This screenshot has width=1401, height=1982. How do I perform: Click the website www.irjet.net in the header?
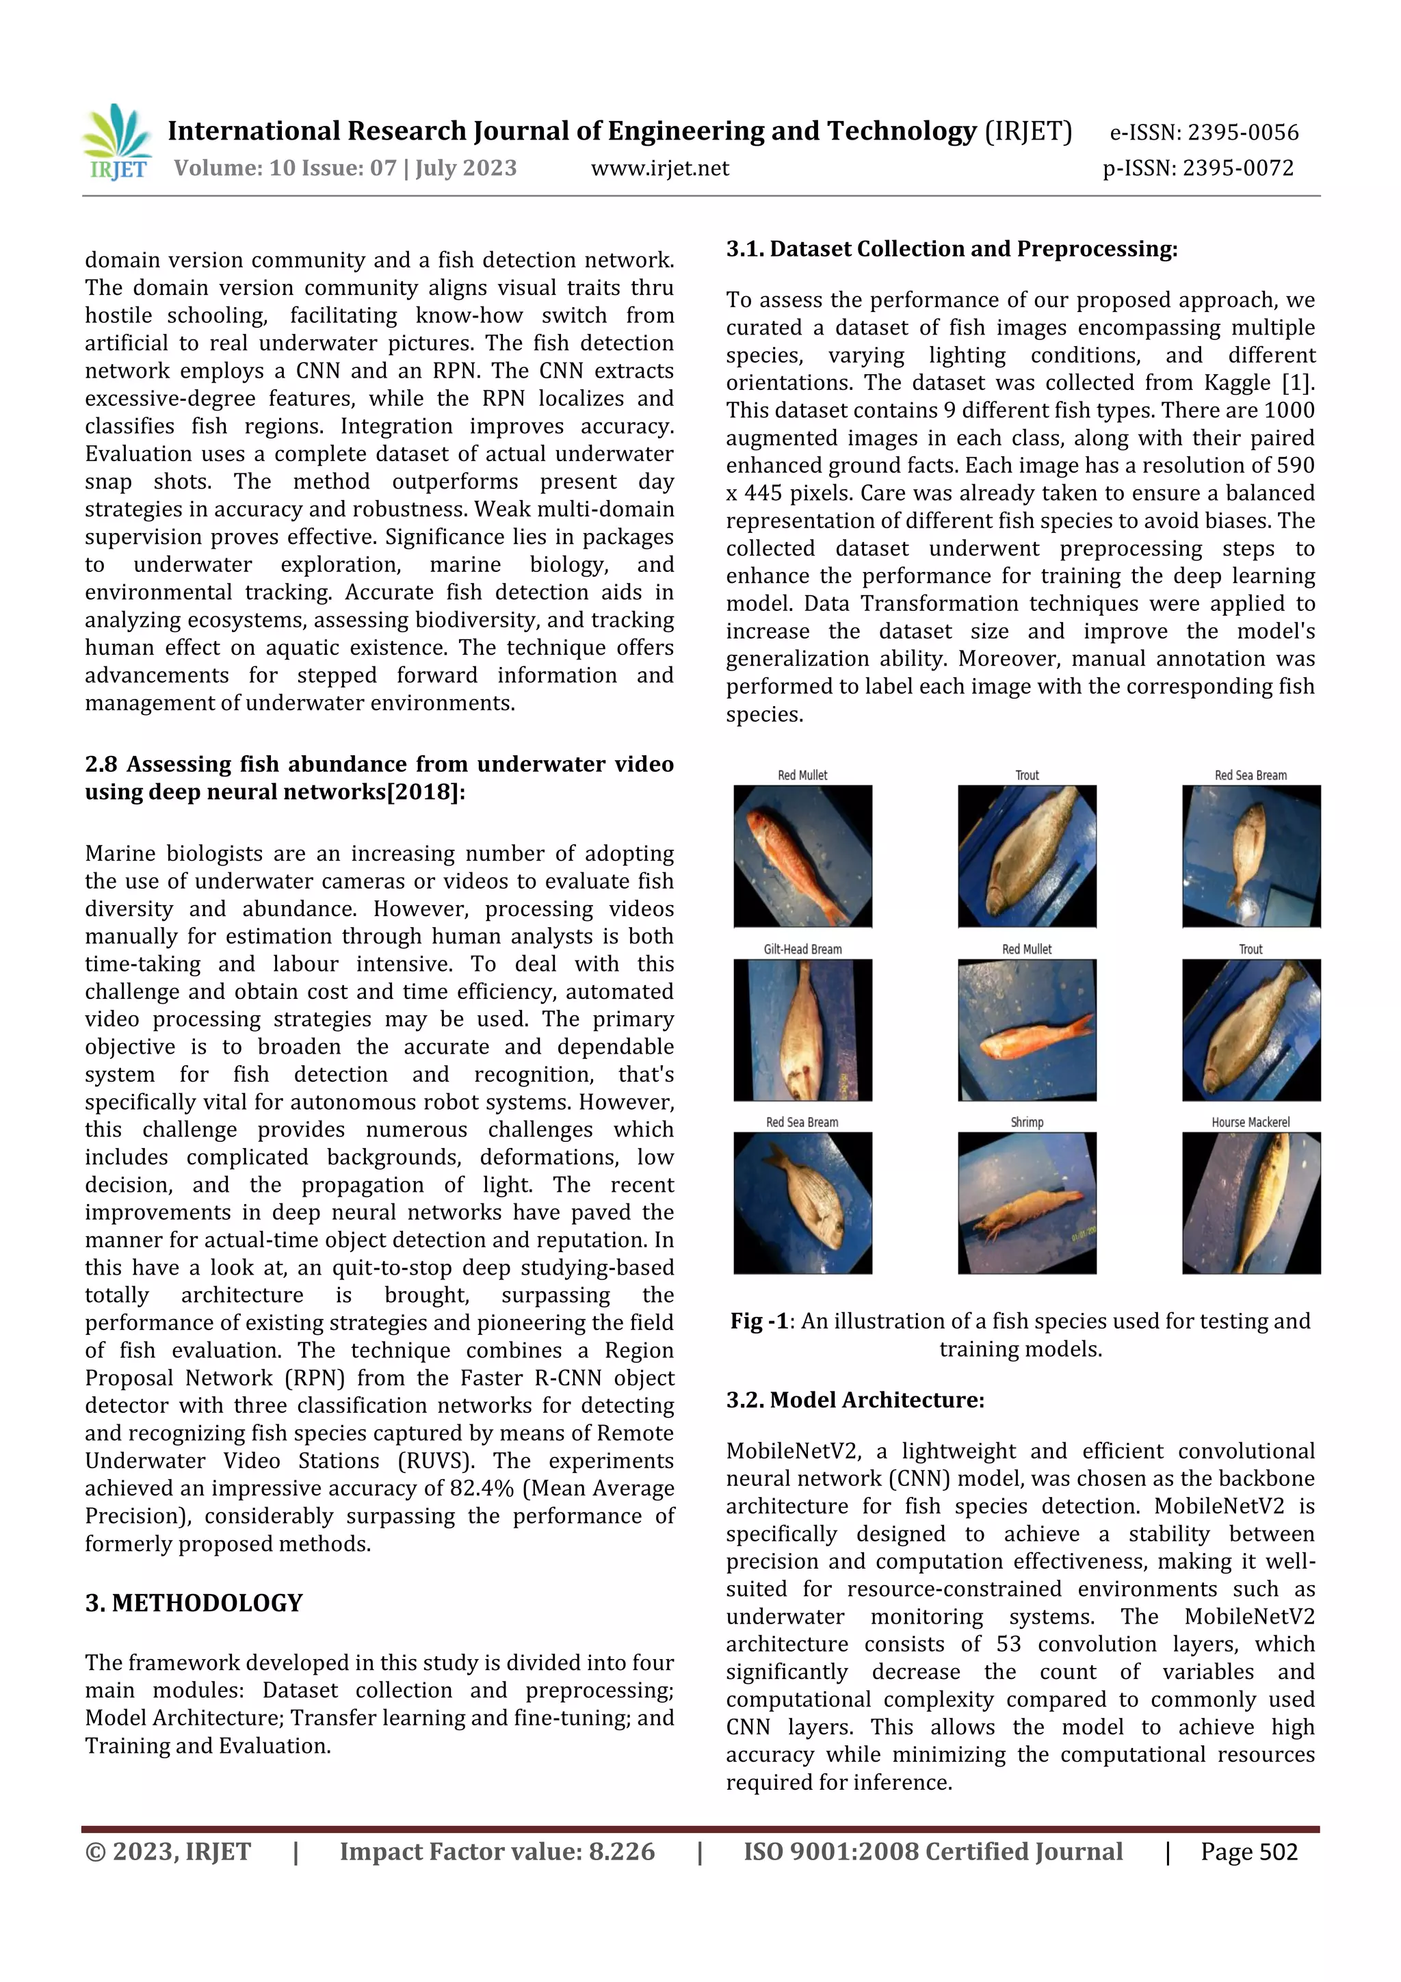click(659, 168)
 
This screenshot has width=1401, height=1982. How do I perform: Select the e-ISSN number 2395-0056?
click(1242, 133)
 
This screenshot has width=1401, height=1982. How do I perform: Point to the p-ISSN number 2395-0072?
click(1238, 168)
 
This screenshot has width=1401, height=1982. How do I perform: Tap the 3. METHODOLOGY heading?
click(194, 1603)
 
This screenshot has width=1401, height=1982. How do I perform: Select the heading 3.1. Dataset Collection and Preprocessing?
click(952, 250)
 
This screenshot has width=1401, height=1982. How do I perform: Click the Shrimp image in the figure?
click(1026, 1203)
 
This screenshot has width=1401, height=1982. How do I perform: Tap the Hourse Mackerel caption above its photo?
click(1250, 1122)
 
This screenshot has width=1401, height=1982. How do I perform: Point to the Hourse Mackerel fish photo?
click(1251, 1203)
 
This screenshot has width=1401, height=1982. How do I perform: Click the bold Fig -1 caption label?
click(759, 1322)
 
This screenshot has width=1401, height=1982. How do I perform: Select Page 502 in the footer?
click(1248, 1851)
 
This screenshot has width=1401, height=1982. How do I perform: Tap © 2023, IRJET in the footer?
click(168, 1851)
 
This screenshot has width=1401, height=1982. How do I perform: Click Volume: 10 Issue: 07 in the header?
click(285, 168)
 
